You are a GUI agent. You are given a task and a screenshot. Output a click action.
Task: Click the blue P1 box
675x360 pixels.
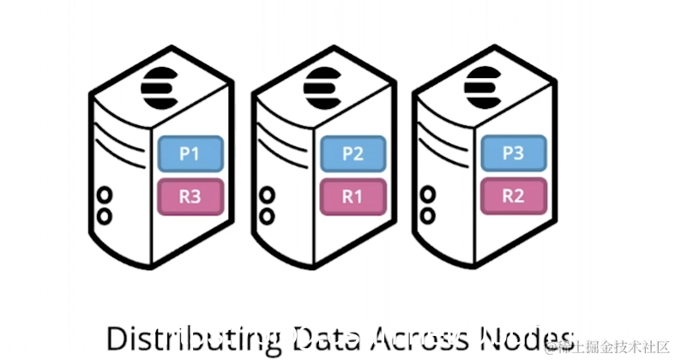pyautogui.click(x=190, y=154)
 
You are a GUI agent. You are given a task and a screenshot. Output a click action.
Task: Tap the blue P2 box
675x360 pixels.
pyautogui.click(x=353, y=154)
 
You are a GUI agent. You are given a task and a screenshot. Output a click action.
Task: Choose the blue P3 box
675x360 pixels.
pyautogui.click(x=512, y=153)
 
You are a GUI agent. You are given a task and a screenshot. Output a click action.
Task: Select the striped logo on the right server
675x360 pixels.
pyautogui.click(x=482, y=83)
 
